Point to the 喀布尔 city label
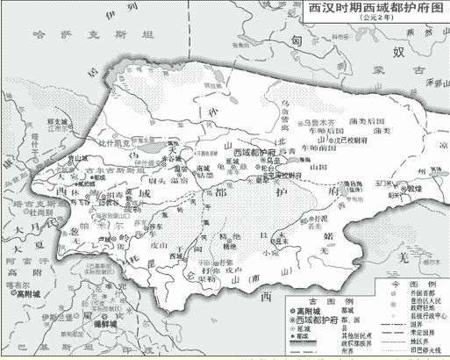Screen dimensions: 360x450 pyautogui.click(x=17, y=286)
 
